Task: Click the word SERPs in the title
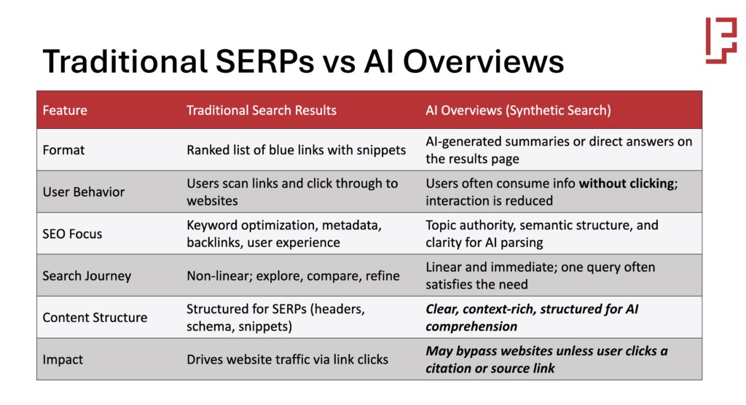point(265,61)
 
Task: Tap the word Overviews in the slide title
point(484,61)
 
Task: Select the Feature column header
point(65,111)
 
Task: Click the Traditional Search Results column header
point(262,111)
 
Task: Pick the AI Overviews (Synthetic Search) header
point(518,111)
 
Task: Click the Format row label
point(63,150)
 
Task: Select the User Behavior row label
point(83,192)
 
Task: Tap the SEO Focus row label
point(72,234)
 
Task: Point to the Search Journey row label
point(87,276)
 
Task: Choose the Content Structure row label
point(95,318)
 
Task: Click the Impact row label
point(63,359)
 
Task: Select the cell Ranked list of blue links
point(296,150)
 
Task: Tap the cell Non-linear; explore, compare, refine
point(293,276)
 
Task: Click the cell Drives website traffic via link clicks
point(287,359)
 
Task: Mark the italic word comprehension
point(471,326)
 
